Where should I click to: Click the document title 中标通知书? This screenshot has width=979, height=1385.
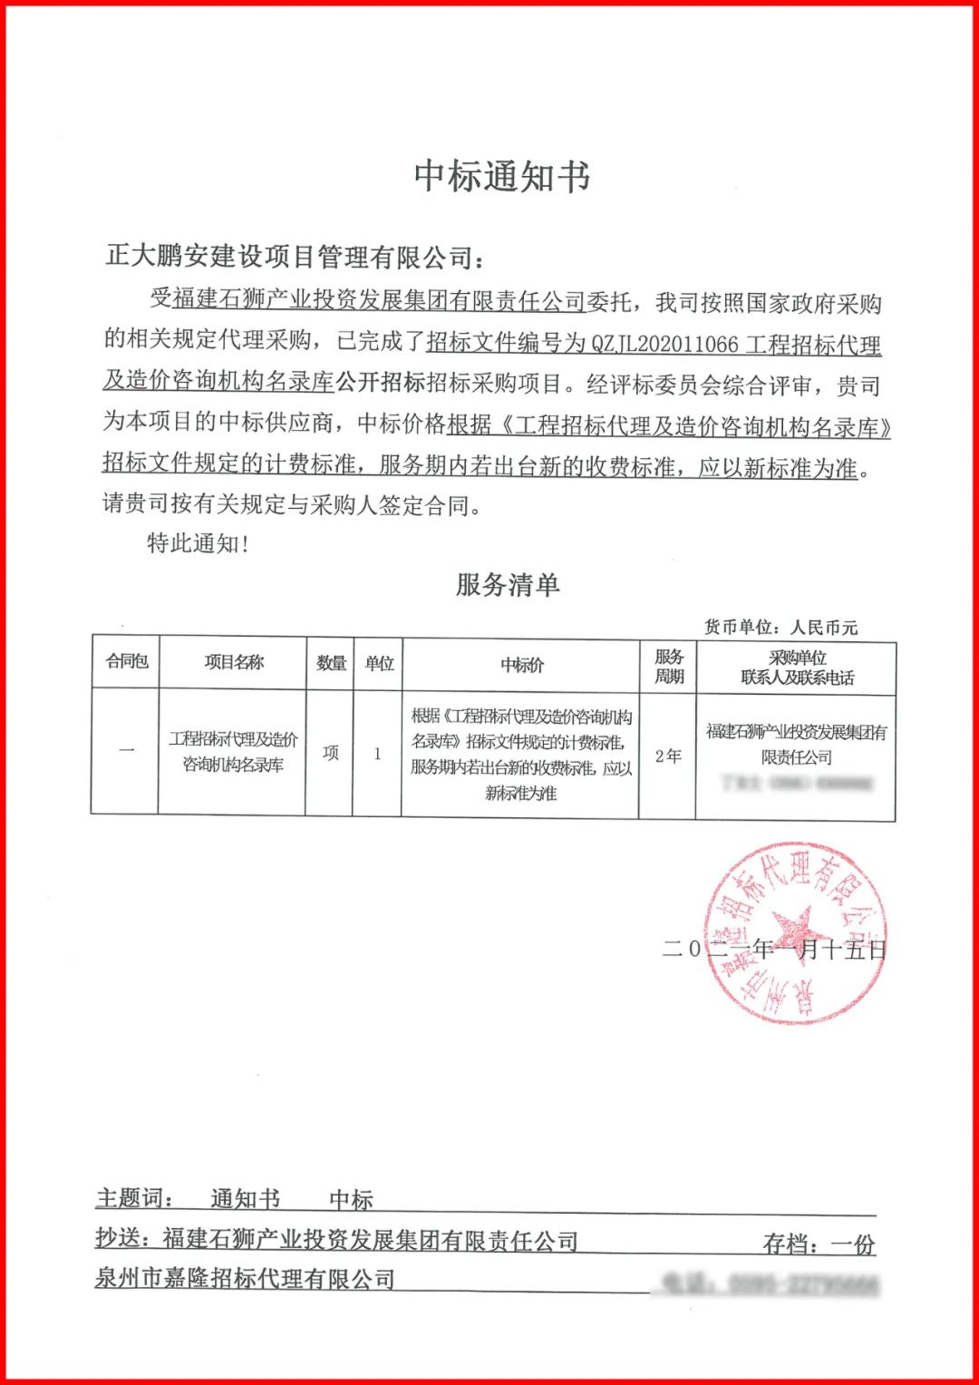[502, 177]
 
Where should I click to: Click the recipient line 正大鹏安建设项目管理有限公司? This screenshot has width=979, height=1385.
[294, 258]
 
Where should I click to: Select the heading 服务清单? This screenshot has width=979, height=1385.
[508, 585]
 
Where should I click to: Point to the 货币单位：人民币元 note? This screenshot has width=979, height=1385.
[780, 627]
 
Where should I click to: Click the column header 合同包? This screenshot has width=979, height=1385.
[126, 661]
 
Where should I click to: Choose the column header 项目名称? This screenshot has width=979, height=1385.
[234, 662]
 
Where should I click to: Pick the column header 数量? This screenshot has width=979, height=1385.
[331, 663]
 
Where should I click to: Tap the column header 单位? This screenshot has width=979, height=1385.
[379, 663]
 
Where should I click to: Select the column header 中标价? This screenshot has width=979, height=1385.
[522, 665]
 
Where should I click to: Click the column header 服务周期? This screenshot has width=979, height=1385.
[669, 666]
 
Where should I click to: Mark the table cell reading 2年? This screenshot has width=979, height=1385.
[668, 756]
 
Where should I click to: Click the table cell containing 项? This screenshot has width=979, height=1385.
[331, 753]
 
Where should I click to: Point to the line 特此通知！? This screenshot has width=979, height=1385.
[198, 543]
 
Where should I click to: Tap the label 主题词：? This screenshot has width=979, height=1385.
[135, 1199]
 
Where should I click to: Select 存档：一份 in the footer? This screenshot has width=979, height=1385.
[819, 1244]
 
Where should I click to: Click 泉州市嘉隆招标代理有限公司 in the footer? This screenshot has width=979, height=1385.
[246, 1279]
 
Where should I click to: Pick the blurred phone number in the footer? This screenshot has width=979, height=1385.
[769, 1283]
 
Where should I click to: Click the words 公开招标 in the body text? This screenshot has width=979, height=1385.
[381, 383]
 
